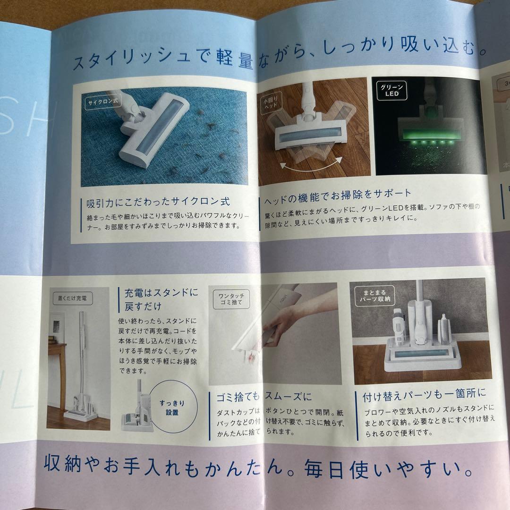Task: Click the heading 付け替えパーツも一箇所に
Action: click(424, 394)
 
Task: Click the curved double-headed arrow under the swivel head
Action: click(310, 166)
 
